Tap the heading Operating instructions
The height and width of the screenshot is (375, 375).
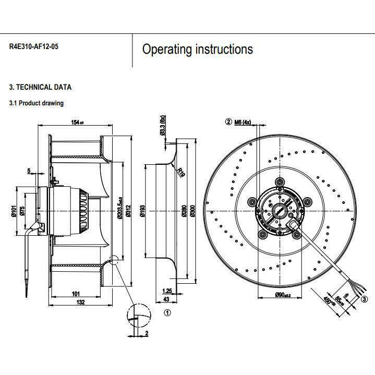click(x=198, y=50)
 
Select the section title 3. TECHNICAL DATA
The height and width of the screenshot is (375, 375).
click(x=40, y=87)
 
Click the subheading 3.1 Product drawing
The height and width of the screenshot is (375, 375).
click(x=37, y=103)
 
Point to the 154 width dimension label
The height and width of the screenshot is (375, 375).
click(x=77, y=123)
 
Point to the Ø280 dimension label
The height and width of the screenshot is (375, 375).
click(x=184, y=210)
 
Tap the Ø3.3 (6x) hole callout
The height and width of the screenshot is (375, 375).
click(x=163, y=125)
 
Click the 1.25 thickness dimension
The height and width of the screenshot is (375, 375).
click(x=167, y=291)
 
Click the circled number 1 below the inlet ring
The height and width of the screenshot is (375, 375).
click(x=167, y=313)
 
